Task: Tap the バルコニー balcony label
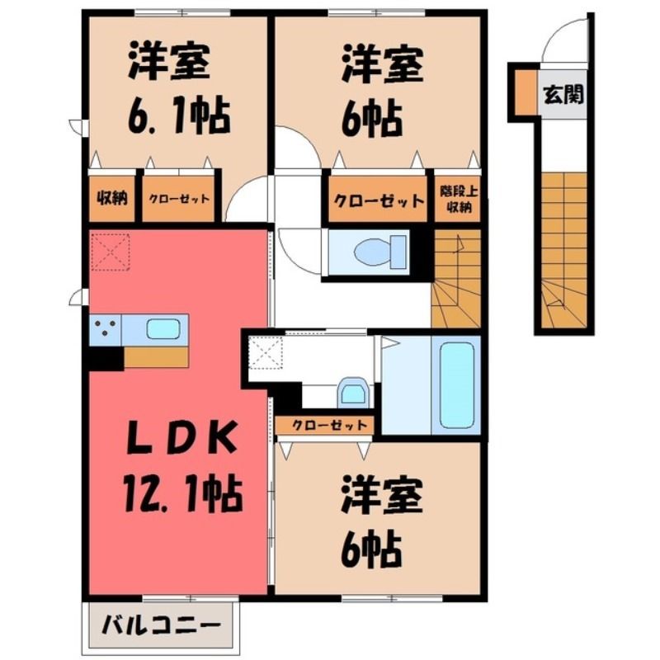(162, 625)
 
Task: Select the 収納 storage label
(112, 197)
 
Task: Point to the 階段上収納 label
(459, 199)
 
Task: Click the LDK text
(181, 437)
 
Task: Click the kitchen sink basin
(163, 328)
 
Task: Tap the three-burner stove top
(106, 329)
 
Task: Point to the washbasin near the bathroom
(353, 393)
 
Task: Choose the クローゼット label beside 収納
(179, 198)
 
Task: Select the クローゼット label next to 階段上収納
(379, 200)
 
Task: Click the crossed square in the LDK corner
(111, 252)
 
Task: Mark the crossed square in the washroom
(266, 353)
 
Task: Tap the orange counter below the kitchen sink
(156, 357)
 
